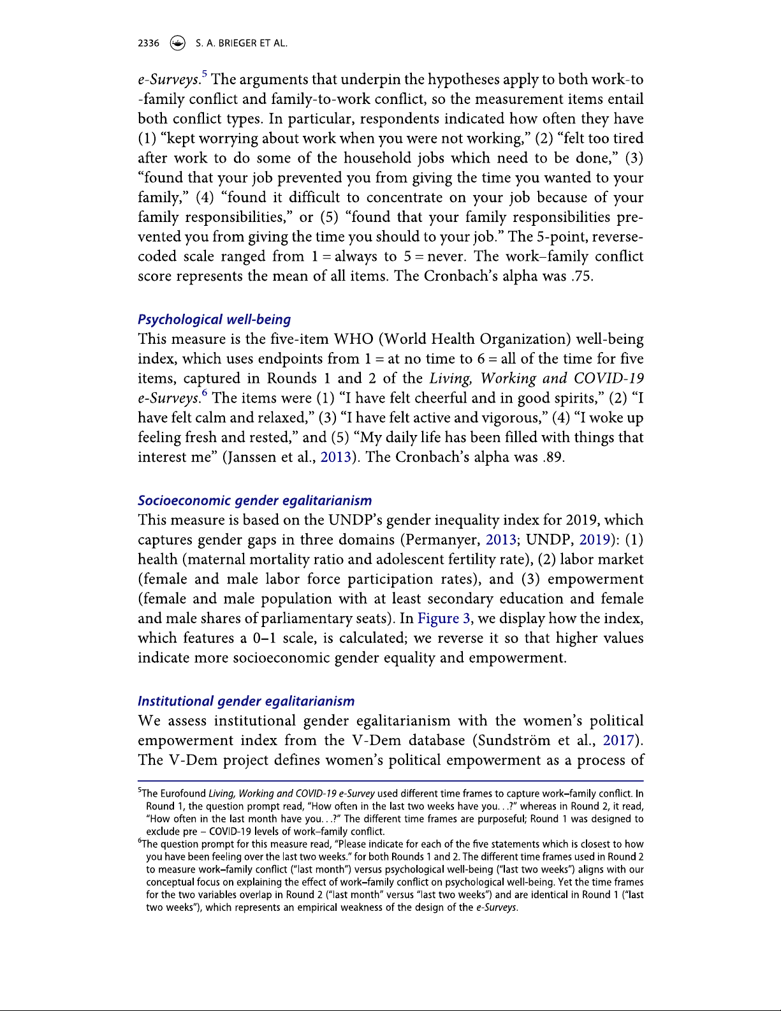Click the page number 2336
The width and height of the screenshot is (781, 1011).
[x=149, y=43]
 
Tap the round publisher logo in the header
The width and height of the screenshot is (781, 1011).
[x=178, y=43]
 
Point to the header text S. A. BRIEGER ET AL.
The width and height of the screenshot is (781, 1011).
[x=241, y=43]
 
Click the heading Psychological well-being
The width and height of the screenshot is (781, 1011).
[x=214, y=320]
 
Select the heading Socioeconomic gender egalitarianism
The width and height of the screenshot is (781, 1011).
[x=254, y=501]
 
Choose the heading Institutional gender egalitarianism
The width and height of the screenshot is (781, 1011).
[x=246, y=701]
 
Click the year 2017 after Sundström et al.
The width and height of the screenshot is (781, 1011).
[x=618, y=741]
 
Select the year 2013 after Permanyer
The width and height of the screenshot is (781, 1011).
[x=500, y=540]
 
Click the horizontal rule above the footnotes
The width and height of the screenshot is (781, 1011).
[x=390, y=781]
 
